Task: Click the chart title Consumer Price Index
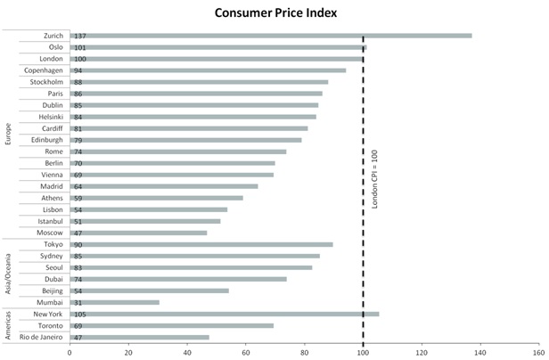[x=274, y=12]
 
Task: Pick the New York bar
[x=224, y=314]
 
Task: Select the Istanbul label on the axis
[x=49, y=221]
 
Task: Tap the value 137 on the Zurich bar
[x=80, y=36]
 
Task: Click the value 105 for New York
[x=80, y=314]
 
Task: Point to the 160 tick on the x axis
[x=538, y=351]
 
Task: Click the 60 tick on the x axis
[x=246, y=351]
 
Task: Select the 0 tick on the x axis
[x=70, y=351]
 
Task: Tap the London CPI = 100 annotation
[x=375, y=179]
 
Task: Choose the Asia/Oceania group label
[x=8, y=273]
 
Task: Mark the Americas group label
[x=8, y=325]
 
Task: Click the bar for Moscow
[x=138, y=233]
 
